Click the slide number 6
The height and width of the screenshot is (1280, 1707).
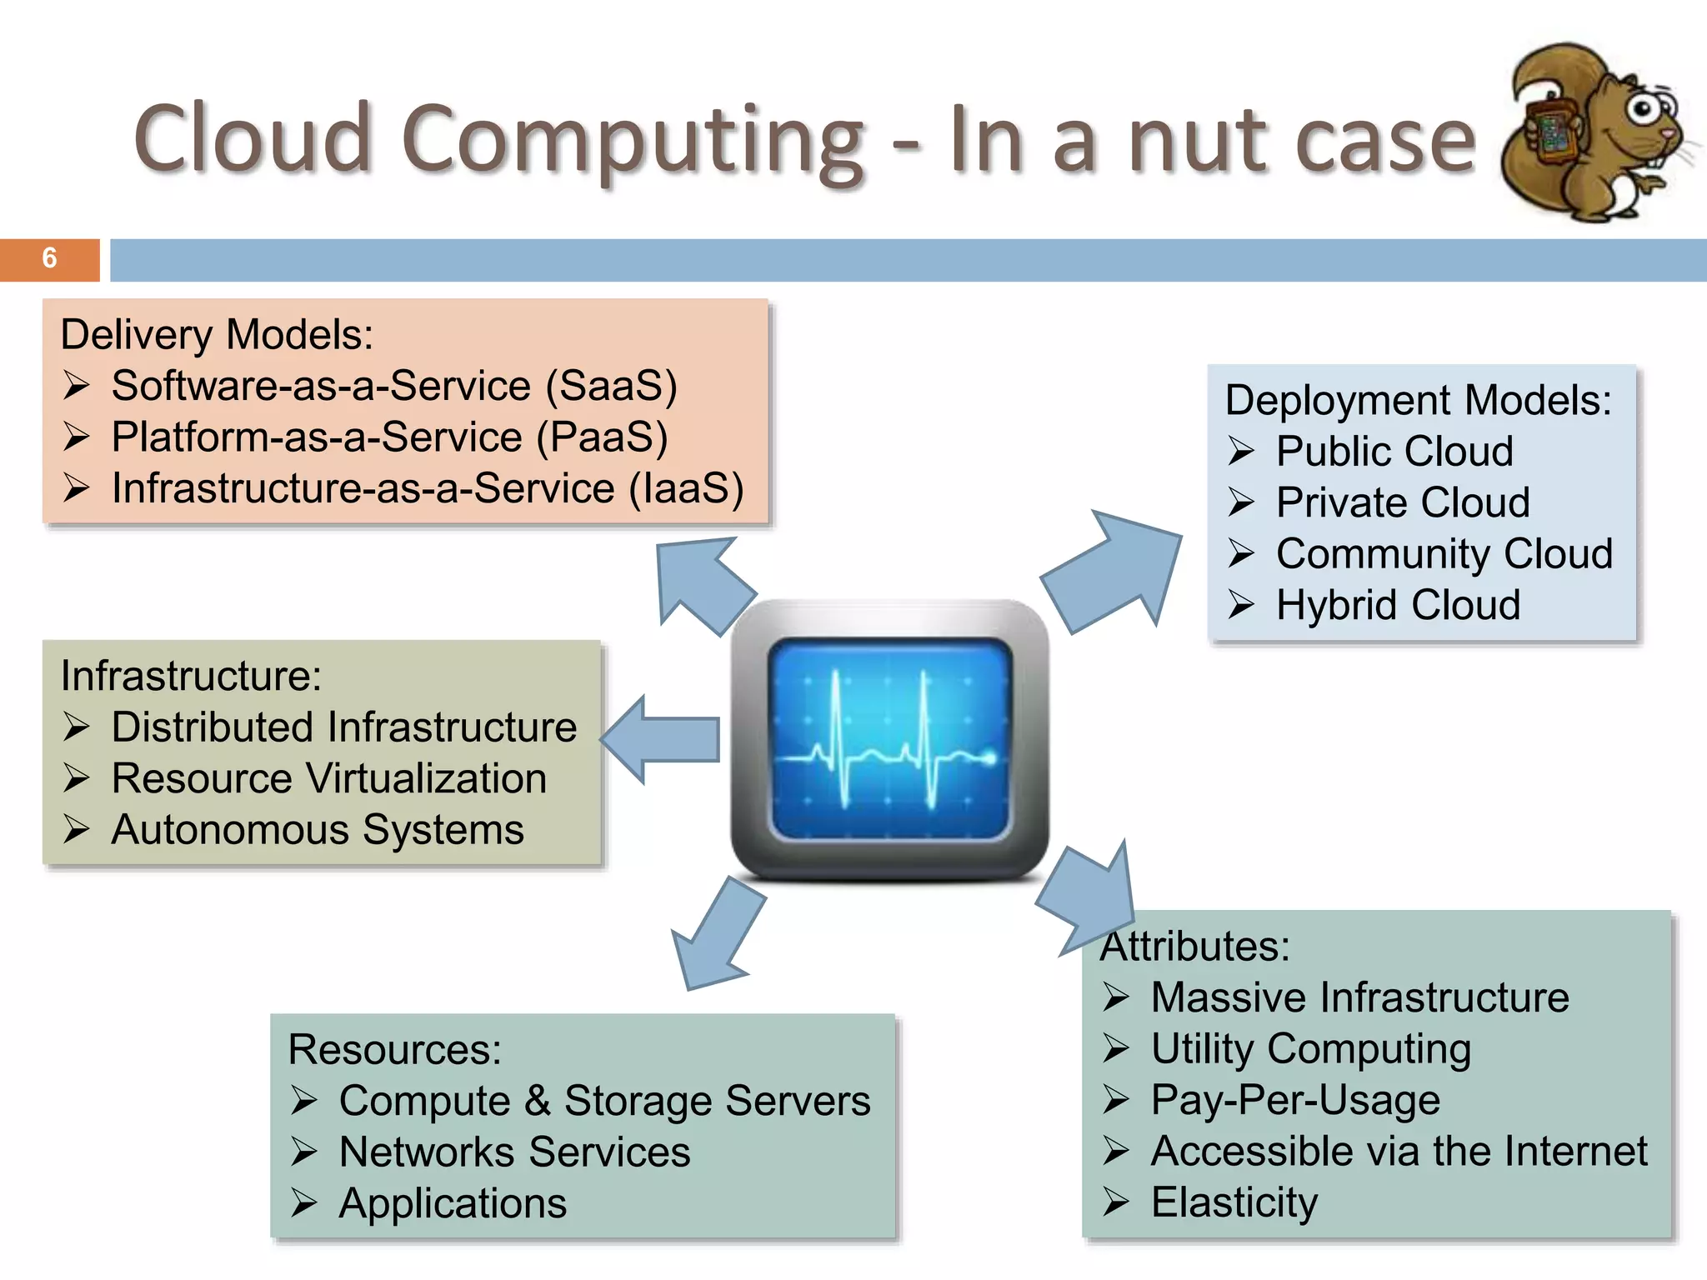49,258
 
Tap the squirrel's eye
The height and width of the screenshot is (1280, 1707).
1642,107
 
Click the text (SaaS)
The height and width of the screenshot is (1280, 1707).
611,386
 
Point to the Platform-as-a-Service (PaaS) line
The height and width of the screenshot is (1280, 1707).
389,437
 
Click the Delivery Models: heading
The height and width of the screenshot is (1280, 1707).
217,335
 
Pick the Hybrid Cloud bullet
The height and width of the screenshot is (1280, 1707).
1398,605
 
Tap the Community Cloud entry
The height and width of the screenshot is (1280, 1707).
1444,554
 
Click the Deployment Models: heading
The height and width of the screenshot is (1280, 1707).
1418,400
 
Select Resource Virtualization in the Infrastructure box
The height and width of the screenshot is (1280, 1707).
329,779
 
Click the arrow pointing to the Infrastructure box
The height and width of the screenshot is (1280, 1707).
658,739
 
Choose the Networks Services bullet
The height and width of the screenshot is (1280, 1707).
514,1152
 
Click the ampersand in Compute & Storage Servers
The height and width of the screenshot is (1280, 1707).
538,1101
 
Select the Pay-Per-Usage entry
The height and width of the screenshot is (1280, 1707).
1295,1100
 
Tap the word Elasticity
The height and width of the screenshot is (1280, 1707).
1234,1202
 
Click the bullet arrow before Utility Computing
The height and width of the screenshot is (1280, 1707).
1116,1048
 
